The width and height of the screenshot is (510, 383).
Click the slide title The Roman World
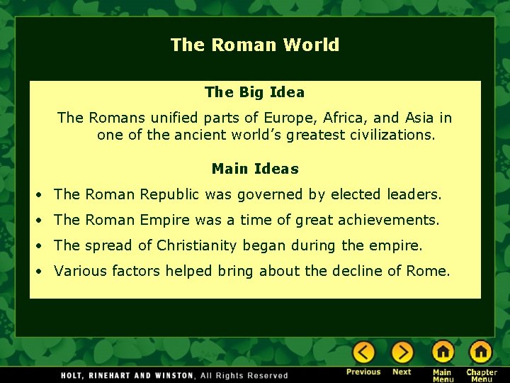tap(255, 45)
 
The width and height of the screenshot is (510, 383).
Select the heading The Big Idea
tap(254, 92)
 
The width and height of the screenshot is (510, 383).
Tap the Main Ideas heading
tap(255, 169)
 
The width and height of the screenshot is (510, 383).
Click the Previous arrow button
tap(363, 353)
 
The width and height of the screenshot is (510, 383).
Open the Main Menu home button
tap(443, 353)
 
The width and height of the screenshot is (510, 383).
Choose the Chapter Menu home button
tap(481, 353)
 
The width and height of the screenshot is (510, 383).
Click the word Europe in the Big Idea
tap(288, 118)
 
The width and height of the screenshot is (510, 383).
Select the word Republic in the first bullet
tap(171, 194)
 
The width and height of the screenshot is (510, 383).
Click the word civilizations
tap(392, 135)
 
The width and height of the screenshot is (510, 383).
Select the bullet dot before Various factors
tap(42, 272)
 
